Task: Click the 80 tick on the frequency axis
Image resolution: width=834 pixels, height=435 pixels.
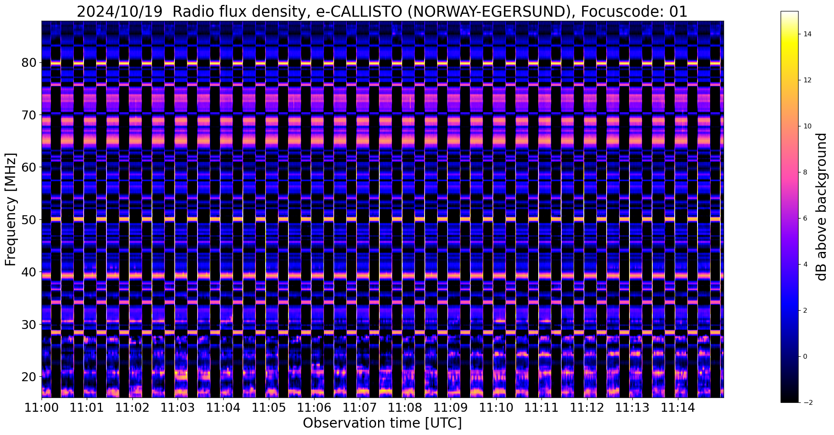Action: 29,63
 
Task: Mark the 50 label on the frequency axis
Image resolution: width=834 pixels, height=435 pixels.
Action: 29,220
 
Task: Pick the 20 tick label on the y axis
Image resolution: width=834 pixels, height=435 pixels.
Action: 29,377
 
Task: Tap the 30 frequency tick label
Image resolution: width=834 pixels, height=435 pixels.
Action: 29,325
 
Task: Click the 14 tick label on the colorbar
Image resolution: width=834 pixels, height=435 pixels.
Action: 807,34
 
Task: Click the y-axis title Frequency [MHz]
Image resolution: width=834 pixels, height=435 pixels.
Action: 11,209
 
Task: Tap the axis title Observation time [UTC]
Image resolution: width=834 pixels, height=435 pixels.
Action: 382,423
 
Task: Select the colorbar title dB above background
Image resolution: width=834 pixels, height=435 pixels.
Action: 822,207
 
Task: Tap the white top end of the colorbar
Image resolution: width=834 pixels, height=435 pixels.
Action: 789,13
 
